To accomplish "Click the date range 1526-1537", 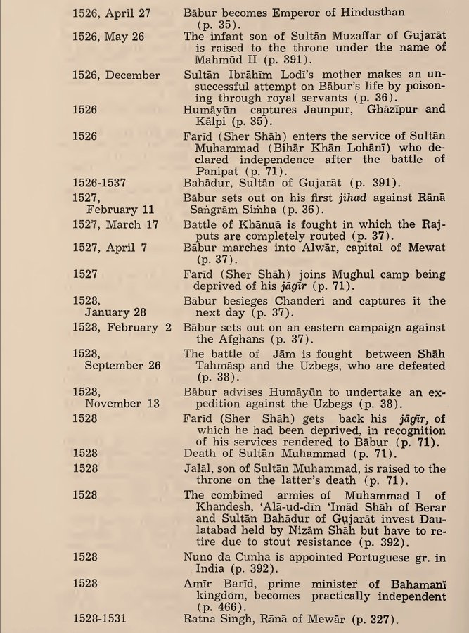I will coord(99,182).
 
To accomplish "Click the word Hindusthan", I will coord(409,13).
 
